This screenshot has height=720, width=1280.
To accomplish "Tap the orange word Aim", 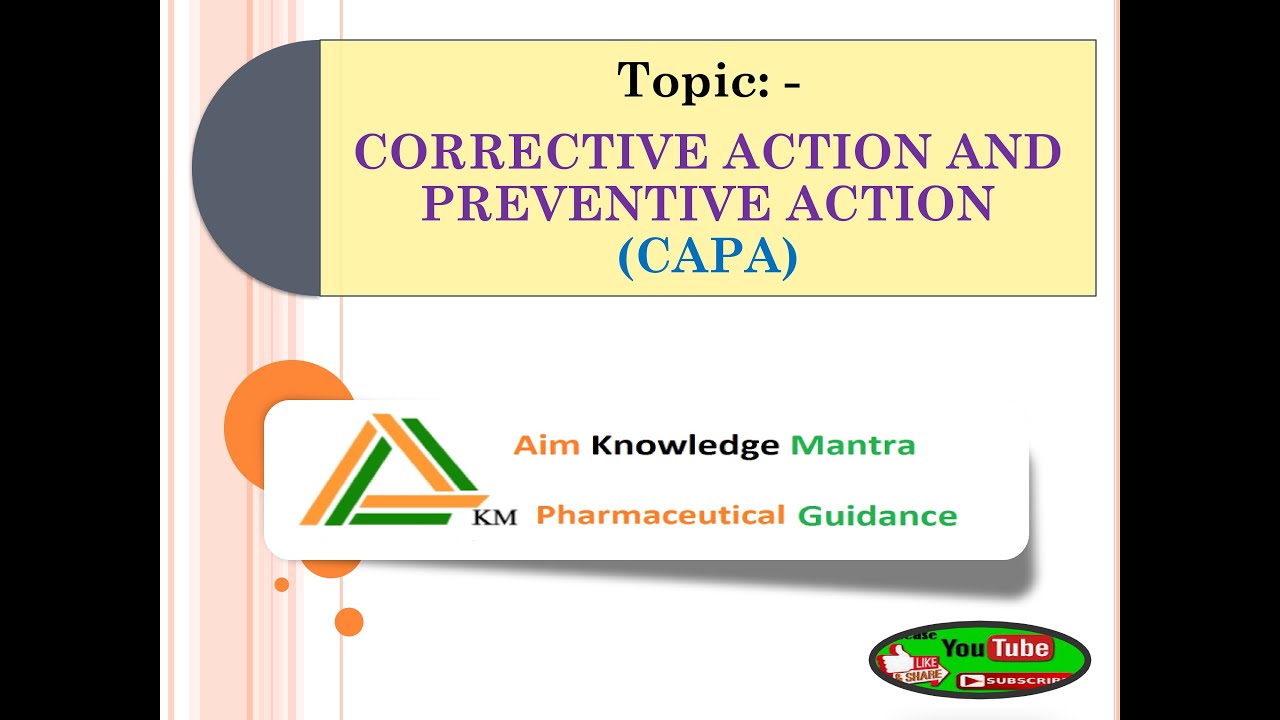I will (x=546, y=445).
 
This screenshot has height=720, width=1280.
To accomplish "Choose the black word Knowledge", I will (x=684, y=445).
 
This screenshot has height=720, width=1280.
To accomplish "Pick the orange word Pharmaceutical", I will (x=660, y=516).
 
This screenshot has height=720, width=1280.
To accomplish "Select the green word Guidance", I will (x=877, y=516).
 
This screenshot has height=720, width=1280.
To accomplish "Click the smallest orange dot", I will (x=282, y=584).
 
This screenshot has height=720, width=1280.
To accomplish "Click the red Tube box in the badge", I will (x=1020, y=649).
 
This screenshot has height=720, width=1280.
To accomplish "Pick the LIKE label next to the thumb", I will (x=929, y=662).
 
